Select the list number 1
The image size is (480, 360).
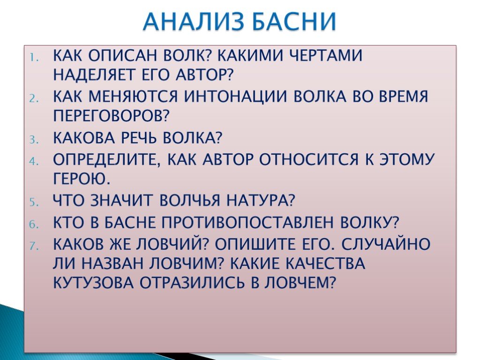[34, 58]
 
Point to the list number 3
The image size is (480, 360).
[34, 140]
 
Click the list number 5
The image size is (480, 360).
[34, 202]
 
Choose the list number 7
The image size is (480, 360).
[34, 246]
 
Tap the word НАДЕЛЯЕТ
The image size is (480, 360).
[94, 75]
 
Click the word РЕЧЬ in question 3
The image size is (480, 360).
[139, 138]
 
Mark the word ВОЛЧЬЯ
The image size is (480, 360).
[190, 200]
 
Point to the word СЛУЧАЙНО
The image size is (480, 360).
[385, 244]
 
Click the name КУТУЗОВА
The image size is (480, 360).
[93, 282]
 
